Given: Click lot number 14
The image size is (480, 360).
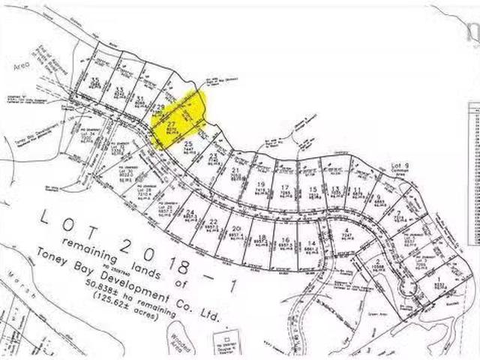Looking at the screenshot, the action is point(310,244).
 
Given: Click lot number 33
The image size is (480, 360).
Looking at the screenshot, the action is point(118,89).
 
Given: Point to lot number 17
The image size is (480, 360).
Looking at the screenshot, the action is point(286,187).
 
